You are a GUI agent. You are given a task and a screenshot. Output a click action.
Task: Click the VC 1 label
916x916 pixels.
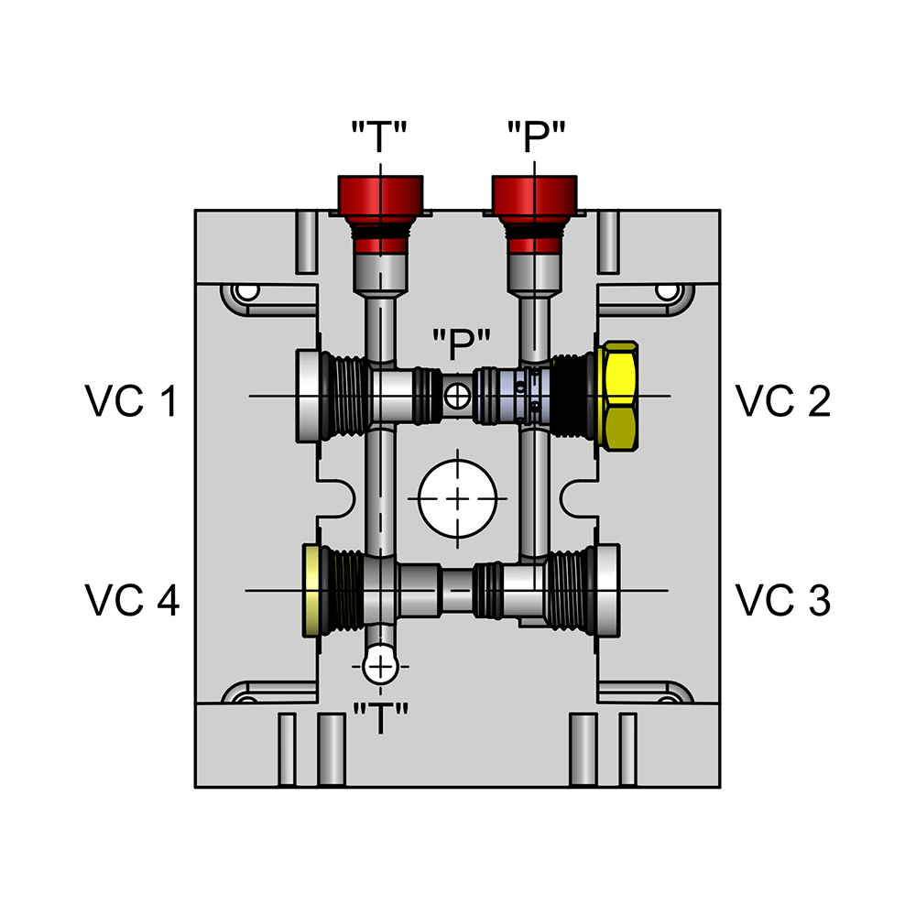(x=132, y=401)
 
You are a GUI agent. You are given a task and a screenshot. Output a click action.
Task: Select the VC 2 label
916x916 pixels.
(x=783, y=401)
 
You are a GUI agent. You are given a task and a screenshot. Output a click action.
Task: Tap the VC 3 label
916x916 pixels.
(x=783, y=600)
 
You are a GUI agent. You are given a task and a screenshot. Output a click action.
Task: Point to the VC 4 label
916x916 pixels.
(x=132, y=600)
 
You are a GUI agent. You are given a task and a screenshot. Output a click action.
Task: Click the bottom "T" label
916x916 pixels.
(x=379, y=719)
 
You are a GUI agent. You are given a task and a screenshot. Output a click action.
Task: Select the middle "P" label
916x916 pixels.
(x=462, y=345)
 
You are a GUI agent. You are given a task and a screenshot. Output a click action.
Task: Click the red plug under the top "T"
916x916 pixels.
(x=380, y=200)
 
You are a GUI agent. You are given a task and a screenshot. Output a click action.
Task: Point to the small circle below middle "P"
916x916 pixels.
(x=456, y=396)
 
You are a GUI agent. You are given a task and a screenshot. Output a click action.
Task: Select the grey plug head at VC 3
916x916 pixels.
(x=606, y=591)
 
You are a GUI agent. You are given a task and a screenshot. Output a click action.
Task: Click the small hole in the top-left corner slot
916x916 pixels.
(x=245, y=292)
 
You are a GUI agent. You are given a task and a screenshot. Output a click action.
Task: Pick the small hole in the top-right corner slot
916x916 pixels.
(x=668, y=292)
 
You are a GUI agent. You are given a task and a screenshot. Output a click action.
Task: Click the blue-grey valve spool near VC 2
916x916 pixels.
(x=513, y=396)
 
